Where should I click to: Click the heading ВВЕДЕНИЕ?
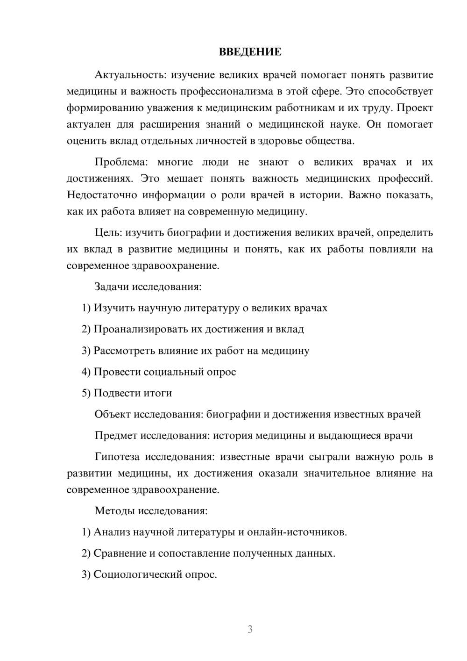click(x=250, y=52)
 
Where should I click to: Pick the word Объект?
click(x=113, y=414)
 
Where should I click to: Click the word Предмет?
click(x=116, y=436)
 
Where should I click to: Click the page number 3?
click(x=250, y=630)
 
